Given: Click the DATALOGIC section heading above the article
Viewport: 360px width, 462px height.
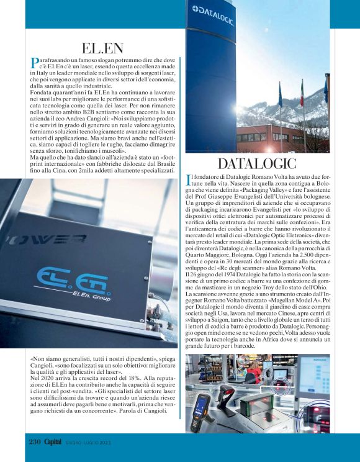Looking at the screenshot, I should click(x=258, y=165).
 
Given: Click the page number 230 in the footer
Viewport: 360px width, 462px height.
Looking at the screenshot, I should click(x=35, y=442).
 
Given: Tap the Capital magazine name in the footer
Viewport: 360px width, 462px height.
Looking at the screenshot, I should click(x=54, y=442).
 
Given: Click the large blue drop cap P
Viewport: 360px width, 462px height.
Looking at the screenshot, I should click(x=34, y=63).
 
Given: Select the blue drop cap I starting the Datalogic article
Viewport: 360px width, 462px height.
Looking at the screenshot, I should click(x=189, y=181).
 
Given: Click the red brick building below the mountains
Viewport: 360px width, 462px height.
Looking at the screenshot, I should click(x=261, y=137).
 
